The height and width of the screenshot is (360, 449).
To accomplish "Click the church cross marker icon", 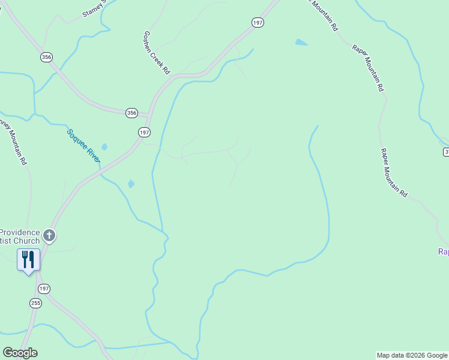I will (x=49, y=236).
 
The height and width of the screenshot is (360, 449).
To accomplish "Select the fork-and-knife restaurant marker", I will (x=28, y=260).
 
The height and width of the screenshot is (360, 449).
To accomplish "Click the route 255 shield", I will (x=35, y=303).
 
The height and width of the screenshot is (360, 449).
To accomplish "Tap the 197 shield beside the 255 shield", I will (x=44, y=289).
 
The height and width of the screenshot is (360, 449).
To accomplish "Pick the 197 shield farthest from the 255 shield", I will (x=258, y=22).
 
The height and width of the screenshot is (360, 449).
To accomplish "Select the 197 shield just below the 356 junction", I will (x=144, y=132).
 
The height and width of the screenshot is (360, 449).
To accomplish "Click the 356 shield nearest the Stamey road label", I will (x=46, y=57).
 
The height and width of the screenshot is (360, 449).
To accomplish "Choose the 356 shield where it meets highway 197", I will (x=132, y=113).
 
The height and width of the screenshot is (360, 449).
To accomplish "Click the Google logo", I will (x=20, y=353).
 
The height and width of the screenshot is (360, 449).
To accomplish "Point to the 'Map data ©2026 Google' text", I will (x=412, y=355).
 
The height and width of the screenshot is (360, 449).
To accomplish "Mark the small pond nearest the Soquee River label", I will (x=104, y=147).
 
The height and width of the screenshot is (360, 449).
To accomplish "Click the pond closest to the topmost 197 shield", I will (x=301, y=43).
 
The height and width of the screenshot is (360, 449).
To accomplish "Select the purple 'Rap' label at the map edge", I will (x=443, y=252).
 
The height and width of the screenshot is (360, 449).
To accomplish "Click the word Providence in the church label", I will (x=20, y=232).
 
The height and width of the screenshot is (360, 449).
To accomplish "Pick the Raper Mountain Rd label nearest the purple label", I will (x=394, y=173).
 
